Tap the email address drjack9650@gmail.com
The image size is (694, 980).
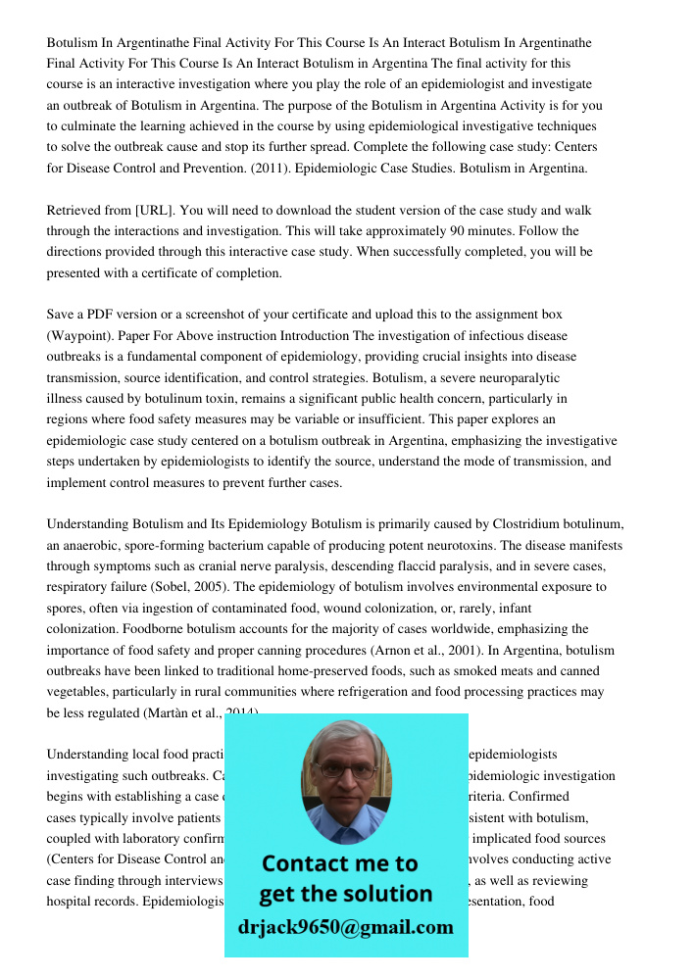[x=346, y=927]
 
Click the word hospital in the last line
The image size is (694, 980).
[x=72, y=902]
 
